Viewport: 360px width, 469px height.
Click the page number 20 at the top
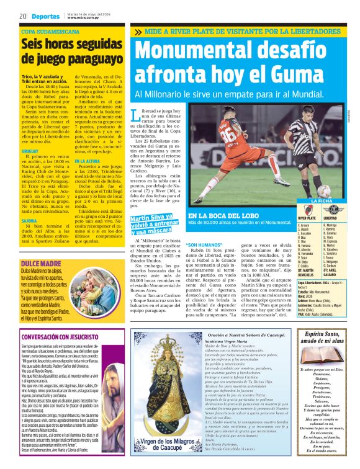tap(22, 16)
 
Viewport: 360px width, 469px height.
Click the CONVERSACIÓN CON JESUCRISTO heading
tap(62, 337)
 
